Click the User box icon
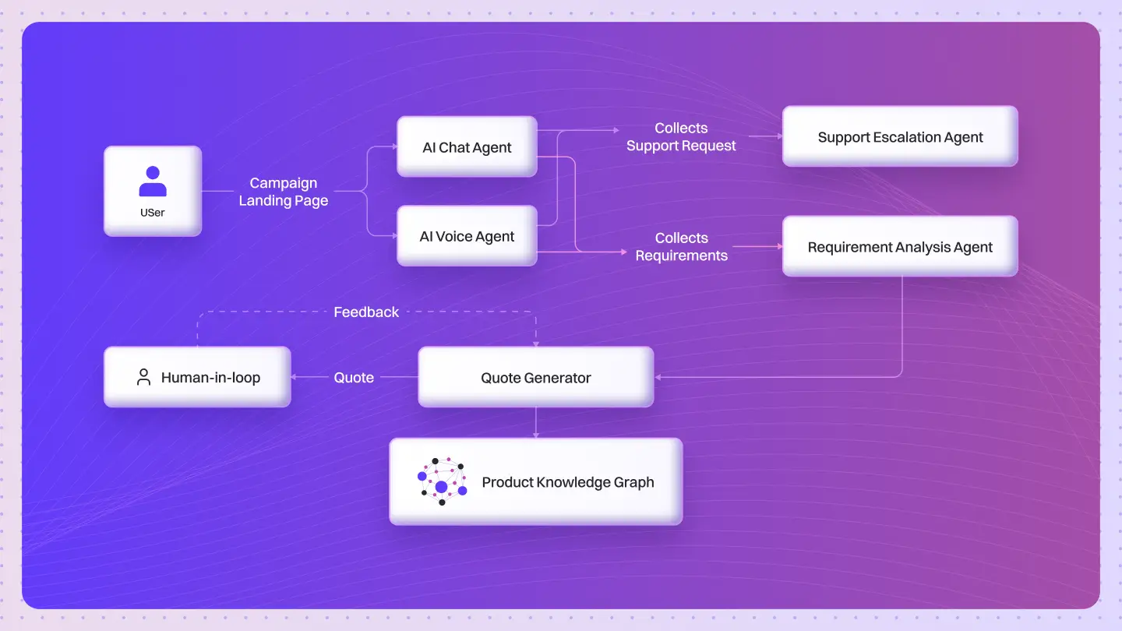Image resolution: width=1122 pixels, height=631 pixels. (153, 182)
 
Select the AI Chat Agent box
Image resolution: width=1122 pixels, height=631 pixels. (467, 147)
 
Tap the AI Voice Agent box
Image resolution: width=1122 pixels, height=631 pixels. (467, 236)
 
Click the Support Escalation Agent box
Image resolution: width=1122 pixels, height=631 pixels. (900, 137)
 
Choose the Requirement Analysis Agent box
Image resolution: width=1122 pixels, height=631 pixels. (900, 247)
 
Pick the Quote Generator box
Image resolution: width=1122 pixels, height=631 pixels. (535, 378)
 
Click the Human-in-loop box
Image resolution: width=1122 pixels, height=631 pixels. (197, 378)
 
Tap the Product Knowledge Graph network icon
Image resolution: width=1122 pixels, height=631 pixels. (442, 481)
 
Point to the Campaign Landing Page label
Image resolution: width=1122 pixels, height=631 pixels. (284, 192)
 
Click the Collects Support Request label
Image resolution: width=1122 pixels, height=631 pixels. (681, 136)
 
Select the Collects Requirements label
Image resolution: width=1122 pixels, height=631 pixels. (681, 246)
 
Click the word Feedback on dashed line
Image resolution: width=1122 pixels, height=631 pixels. (366, 312)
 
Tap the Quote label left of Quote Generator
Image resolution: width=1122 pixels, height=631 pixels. (354, 377)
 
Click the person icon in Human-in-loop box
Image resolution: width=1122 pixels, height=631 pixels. (143, 378)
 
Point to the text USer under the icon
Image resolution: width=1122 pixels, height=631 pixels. (153, 212)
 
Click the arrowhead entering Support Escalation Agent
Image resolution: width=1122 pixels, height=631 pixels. (778, 136)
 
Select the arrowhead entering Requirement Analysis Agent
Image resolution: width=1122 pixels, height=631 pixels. (778, 247)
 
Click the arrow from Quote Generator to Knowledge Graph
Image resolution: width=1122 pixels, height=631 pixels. (535, 422)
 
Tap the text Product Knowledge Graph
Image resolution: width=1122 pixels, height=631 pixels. (568, 482)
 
